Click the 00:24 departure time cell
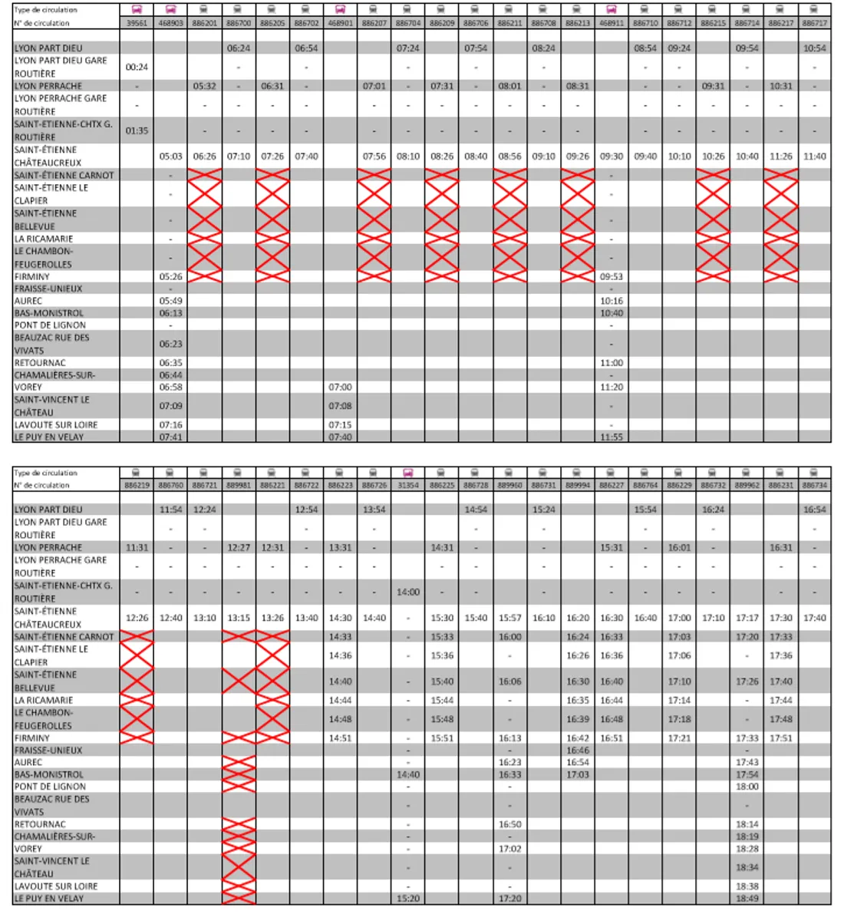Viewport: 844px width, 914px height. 137,67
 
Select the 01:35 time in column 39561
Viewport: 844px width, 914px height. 137,130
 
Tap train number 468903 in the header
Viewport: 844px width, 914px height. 170,23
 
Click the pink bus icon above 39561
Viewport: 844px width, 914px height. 137,10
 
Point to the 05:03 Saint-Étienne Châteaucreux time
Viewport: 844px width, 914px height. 170,156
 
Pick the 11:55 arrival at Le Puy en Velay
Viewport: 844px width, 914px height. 612,437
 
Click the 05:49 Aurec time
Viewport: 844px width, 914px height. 170,301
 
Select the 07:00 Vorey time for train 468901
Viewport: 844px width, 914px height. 340,388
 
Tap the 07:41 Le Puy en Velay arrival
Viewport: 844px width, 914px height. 170,437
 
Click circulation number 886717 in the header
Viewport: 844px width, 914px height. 814,23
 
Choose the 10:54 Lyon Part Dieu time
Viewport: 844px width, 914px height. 814,48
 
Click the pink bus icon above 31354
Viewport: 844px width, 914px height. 408,473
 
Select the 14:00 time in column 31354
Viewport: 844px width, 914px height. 408,592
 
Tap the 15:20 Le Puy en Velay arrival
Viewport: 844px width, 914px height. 408,898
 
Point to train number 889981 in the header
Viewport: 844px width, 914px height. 238,485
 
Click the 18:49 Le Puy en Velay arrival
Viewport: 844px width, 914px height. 747,898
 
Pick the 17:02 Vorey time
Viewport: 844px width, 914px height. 509,849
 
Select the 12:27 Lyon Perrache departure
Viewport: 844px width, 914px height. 238,548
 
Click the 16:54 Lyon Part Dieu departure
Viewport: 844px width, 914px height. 814,510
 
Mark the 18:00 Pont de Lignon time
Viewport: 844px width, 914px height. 747,787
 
